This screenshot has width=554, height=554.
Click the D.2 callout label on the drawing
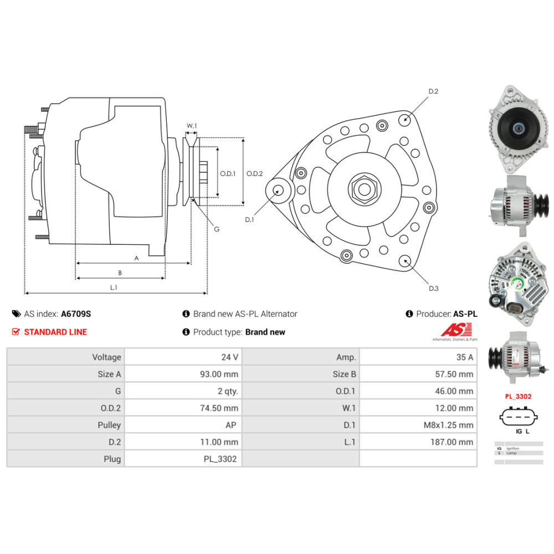[433, 91]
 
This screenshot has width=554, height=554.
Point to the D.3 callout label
[433, 288]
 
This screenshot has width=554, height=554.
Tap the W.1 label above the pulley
[192, 126]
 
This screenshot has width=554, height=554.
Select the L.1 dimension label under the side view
[114, 287]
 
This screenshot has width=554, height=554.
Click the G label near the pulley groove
[216, 229]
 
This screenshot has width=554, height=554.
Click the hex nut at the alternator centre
[364, 188]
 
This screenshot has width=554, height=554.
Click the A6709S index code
[76, 314]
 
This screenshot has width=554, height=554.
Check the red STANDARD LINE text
[55, 332]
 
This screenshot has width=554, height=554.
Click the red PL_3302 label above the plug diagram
[518, 397]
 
